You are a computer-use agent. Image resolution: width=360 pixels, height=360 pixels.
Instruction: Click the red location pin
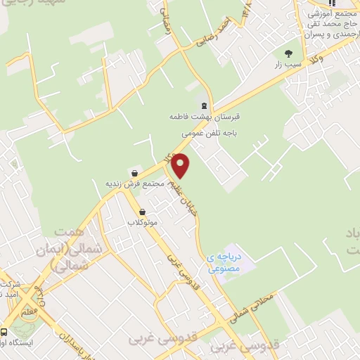coord(181,165)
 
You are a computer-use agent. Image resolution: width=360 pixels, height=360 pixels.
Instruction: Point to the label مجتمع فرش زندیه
coord(134,184)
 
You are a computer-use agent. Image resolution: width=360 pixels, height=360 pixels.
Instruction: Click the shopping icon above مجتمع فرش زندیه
coord(134,172)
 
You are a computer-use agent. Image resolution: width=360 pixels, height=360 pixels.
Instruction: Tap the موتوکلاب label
coord(142,223)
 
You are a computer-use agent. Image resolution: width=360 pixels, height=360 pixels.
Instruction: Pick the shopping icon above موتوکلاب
coord(142,211)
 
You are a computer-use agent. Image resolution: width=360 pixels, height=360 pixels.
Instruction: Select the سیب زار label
coord(288,64)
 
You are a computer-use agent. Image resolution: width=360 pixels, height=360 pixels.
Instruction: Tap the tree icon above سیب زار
coord(288,52)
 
